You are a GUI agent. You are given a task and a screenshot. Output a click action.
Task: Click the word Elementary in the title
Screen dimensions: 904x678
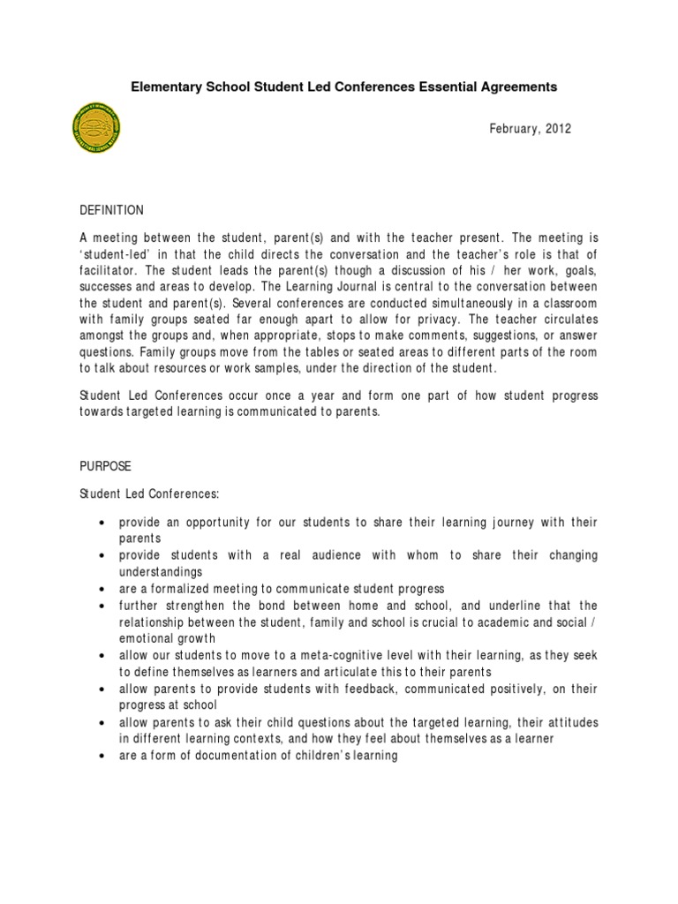tap(164, 87)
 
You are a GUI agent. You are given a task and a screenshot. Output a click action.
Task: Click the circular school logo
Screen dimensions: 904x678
tap(94, 132)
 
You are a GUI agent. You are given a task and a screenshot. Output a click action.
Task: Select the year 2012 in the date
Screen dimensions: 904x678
tap(558, 129)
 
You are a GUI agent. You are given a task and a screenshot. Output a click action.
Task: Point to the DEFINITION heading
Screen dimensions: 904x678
tap(111, 211)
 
